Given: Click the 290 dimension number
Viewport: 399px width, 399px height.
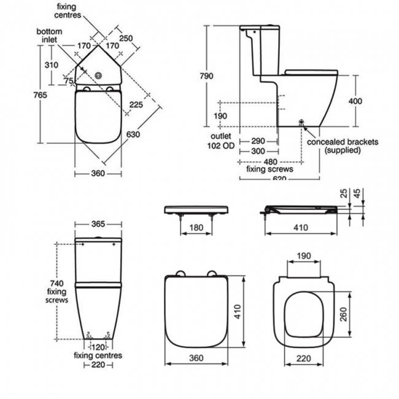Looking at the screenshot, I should [258, 141].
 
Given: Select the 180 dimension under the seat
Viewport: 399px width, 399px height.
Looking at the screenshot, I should [196, 228].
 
